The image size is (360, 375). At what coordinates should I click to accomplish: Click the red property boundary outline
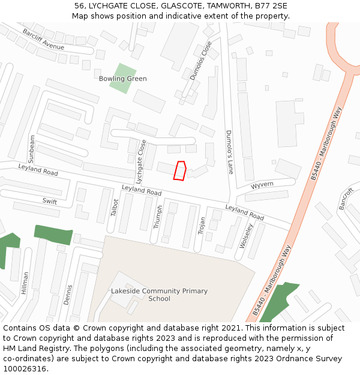click(x=180, y=170)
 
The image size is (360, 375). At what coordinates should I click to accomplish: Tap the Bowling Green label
click(x=122, y=79)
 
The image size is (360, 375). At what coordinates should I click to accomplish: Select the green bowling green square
click(x=122, y=77)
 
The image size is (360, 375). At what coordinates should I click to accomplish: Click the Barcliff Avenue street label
click(x=43, y=39)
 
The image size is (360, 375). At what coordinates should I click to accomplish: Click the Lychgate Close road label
click(x=141, y=161)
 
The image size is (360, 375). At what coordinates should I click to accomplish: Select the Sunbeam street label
click(x=32, y=149)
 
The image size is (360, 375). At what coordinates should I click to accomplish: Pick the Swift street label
click(x=50, y=202)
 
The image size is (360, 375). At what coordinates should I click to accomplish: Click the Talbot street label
click(x=115, y=207)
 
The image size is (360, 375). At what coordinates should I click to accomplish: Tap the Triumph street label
click(x=158, y=217)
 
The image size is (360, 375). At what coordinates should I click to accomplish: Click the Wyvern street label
click(x=262, y=184)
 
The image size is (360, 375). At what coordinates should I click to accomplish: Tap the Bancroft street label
click(x=346, y=199)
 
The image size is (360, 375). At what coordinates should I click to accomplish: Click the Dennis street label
click(x=69, y=295)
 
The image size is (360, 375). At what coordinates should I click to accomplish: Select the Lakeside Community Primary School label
click(x=159, y=295)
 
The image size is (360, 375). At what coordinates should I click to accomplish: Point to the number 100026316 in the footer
click(x=25, y=368)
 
